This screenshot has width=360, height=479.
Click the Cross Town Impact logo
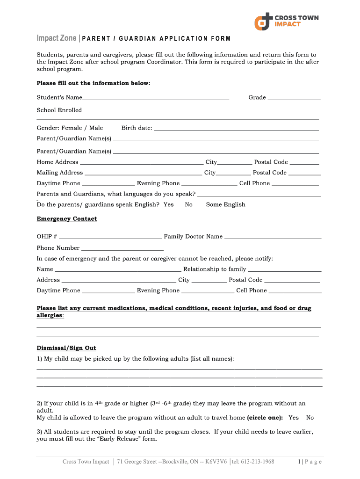click(x=286, y=21)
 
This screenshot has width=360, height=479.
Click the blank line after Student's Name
click(x=156, y=98)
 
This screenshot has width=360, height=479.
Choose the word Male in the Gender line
click(x=96, y=128)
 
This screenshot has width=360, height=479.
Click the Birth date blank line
click(x=236, y=129)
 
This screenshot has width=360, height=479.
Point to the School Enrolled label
click(x=59, y=110)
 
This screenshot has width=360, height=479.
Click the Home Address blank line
click(x=142, y=163)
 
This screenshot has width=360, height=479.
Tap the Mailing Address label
click(x=60, y=173)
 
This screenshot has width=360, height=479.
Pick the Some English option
click(x=225, y=204)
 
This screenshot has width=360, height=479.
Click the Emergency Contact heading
click(x=67, y=219)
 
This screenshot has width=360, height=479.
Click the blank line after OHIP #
click(x=110, y=237)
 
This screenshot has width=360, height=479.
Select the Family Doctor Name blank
click(x=273, y=237)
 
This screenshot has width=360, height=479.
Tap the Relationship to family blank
click(x=284, y=270)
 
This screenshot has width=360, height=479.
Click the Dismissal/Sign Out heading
click(x=66, y=348)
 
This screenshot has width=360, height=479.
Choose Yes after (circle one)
click(x=294, y=418)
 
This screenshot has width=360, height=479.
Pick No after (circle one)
click(x=310, y=418)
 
